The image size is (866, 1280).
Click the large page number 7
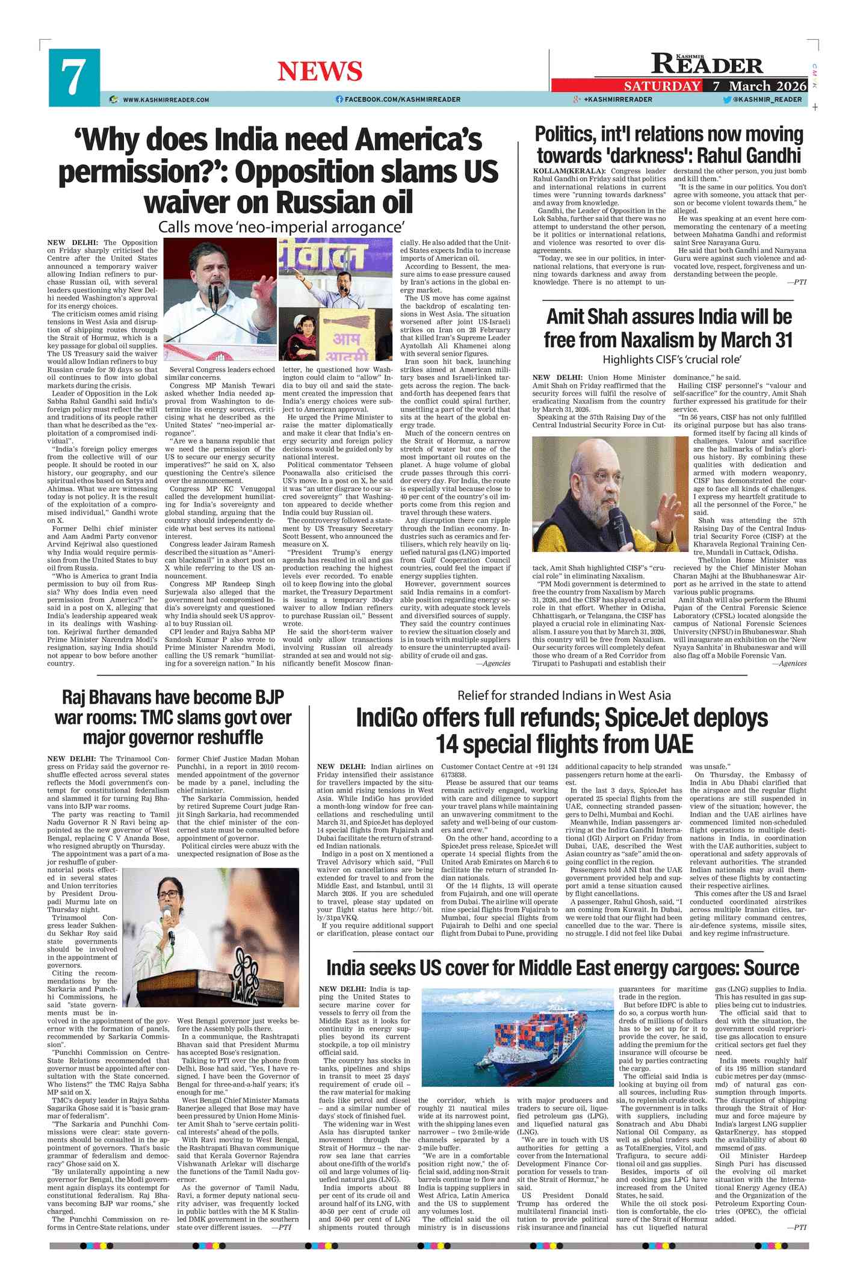pyautogui.click(x=73, y=78)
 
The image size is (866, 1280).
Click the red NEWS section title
pyautogui.click(x=320, y=72)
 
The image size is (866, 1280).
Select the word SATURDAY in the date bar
pyautogui.click(x=661, y=86)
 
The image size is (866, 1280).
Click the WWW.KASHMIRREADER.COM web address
pyautogui.click(x=166, y=100)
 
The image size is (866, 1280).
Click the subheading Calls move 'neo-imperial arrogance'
pyautogui.click(x=280, y=227)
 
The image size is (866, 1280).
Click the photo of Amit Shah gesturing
pyautogui.click(x=609, y=494)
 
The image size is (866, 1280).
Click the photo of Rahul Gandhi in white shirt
pyautogui.click(x=220, y=300)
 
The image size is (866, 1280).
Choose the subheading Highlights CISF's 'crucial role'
pyautogui.click(x=672, y=359)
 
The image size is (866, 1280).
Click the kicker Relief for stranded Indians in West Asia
pyautogui.click(x=563, y=696)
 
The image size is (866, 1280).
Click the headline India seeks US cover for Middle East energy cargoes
pyautogui.click(x=562, y=968)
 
